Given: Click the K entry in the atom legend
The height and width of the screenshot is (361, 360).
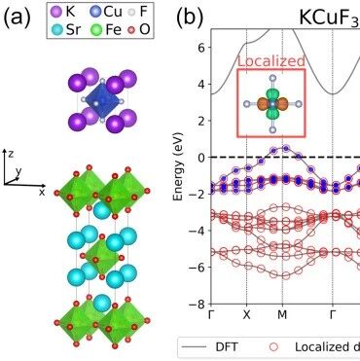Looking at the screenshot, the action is tap(63, 13).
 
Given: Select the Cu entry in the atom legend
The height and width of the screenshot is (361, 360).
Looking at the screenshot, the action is tap(105, 13).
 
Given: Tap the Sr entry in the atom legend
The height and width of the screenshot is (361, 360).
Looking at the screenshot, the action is tap(66, 30).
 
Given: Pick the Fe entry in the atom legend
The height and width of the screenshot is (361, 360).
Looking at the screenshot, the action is tap(105, 30).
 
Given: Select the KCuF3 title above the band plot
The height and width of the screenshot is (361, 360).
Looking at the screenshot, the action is tap(329, 18).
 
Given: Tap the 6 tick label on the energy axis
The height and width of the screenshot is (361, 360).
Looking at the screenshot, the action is tap(202, 48).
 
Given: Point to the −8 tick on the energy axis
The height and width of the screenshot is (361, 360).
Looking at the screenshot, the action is tap(198, 305).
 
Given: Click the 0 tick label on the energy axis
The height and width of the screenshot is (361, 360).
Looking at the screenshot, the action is tap(202, 158).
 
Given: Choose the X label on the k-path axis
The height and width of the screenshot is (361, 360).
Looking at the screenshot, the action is tap(247, 315).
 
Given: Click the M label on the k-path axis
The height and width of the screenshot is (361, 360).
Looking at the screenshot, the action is tap(282, 315).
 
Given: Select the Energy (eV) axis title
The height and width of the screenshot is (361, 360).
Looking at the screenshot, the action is tap(178, 166).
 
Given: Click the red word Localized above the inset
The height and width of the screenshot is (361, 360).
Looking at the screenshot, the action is tap(271, 61).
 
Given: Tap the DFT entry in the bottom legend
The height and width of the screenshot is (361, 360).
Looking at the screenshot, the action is tap(227, 346).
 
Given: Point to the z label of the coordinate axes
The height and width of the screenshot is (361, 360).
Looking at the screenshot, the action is tap(11, 154).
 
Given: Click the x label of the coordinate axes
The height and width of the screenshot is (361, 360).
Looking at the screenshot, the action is tap(42, 192).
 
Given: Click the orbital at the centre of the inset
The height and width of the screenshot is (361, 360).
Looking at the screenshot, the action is tap(272, 104).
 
